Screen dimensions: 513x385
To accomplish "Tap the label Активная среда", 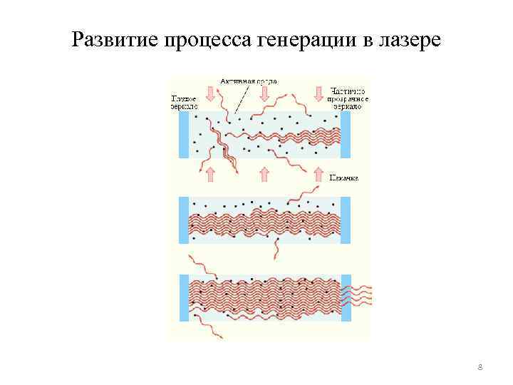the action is pos(249,81).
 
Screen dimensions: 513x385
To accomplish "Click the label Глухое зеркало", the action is pos(185,102).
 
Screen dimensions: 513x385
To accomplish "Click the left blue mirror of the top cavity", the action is pos(184,135).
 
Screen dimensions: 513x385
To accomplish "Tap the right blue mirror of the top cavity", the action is pos(347,135).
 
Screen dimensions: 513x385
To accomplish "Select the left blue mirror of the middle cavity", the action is pos(184,220).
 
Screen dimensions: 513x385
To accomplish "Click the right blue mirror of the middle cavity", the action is pos(347,220).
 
